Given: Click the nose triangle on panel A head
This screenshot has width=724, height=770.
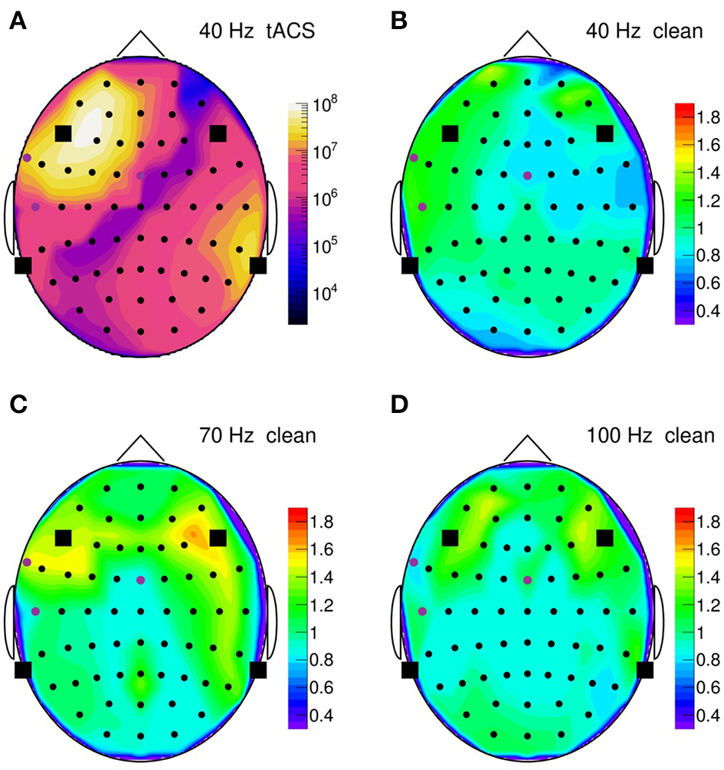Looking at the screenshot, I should [x=140, y=44].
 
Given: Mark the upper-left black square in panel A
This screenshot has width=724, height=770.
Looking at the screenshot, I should [x=64, y=133].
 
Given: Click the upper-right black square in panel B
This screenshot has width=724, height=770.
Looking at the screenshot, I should [x=605, y=133].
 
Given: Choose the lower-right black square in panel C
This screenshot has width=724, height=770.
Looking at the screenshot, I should [x=258, y=670].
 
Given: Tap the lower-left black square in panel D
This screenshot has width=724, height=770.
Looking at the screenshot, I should [x=410, y=670].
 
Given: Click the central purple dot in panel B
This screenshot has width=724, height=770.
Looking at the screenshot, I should [x=527, y=175].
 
